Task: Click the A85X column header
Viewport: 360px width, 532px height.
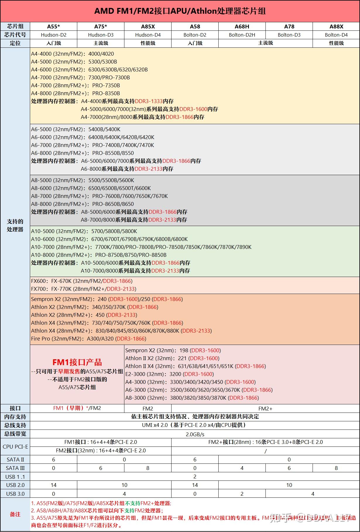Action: pos(148,26)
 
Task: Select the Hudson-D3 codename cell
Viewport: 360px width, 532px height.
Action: pos(101,35)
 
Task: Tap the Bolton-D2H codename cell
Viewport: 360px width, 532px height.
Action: pos(242,35)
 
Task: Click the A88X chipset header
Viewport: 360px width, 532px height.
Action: pos(336,26)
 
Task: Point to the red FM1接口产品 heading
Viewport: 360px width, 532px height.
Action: pos(77,362)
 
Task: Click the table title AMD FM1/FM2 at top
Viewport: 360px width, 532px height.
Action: pos(180,11)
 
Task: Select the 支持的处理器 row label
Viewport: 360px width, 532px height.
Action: pos(15,225)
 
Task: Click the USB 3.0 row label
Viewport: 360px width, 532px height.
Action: pos(15,494)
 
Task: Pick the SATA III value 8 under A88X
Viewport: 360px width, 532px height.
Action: pos(336,468)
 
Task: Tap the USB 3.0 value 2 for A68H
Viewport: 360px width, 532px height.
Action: pos(242,494)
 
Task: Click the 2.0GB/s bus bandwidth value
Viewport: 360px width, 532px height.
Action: pos(195,434)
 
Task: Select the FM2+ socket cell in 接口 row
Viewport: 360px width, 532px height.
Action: pos(265,408)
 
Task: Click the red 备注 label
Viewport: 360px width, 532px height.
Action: pos(15,514)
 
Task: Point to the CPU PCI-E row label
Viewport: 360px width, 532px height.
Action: pos(15,447)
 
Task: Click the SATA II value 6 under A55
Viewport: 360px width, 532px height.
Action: pos(54,460)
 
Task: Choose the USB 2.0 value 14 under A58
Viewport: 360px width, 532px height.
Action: pos(195,485)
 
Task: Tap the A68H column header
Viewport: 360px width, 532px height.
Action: pos(242,26)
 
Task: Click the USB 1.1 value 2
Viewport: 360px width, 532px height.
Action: pos(195,477)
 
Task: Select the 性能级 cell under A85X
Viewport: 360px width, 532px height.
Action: pos(148,43)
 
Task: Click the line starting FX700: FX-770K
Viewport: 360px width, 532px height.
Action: pos(84,289)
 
